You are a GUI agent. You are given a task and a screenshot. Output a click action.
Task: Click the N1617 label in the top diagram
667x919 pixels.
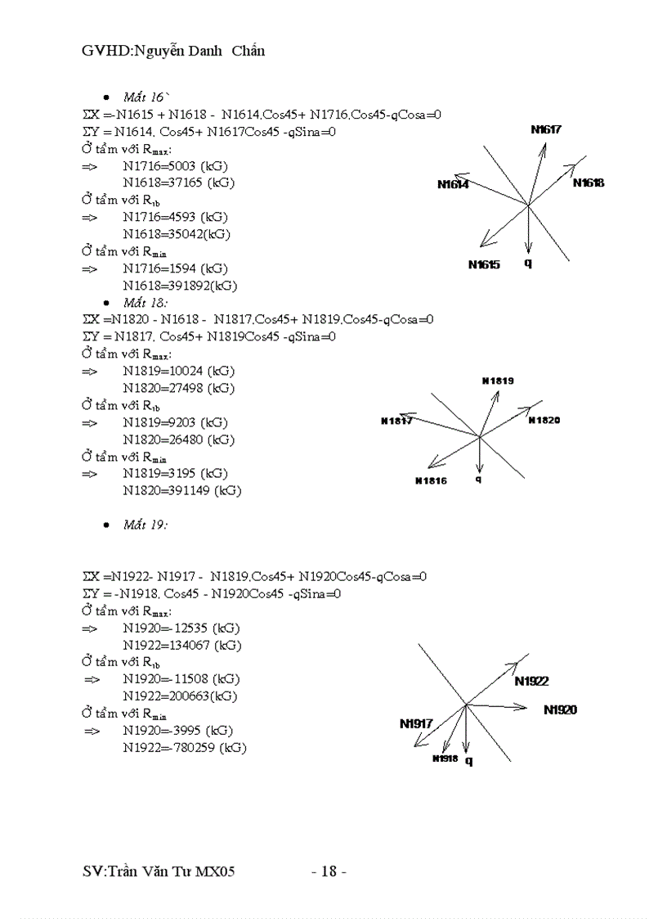click(x=545, y=129)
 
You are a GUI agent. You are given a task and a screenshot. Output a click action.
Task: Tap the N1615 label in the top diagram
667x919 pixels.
click(x=484, y=264)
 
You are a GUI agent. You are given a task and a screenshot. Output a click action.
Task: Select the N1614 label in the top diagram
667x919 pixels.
click(x=453, y=185)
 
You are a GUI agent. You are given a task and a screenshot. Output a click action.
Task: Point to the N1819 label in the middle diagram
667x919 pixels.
click(x=498, y=381)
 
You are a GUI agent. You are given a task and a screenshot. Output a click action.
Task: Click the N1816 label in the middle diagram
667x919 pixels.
click(x=431, y=480)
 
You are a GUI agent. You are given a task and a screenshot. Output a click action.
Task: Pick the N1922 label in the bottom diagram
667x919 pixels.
click(x=531, y=681)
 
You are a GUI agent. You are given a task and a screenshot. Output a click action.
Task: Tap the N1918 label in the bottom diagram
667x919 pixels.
click(x=445, y=759)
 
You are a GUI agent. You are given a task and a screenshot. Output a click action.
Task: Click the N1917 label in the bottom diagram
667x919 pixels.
click(x=416, y=723)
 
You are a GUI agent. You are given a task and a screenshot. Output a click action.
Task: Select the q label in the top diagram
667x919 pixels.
click(x=528, y=264)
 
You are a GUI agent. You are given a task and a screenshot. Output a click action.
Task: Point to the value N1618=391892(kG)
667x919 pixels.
click(x=180, y=286)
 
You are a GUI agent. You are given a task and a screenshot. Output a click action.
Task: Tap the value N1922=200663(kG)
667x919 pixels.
click(x=180, y=696)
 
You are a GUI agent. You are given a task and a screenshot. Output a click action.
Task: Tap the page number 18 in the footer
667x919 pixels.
click(x=329, y=872)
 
